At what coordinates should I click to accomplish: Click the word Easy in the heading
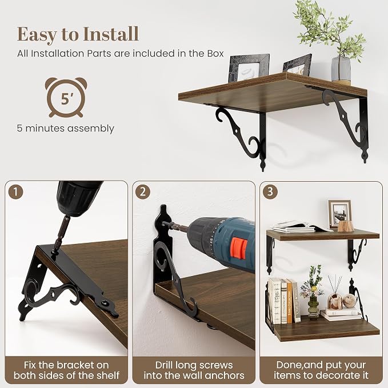(x=37, y=34)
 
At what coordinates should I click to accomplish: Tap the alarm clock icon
(x=66, y=97)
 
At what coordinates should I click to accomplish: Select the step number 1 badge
(x=15, y=192)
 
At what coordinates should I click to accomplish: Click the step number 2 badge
(x=143, y=192)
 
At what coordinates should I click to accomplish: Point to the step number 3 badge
(x=270, y=191)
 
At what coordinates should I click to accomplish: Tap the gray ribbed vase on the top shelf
(x=341, y=69)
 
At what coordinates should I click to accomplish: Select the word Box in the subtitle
(x=215, y=54)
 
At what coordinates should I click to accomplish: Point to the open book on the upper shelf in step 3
(x=301, y=227)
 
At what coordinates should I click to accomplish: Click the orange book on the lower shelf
(x=289, y=302)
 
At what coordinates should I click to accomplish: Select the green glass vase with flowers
(x=312, y=294)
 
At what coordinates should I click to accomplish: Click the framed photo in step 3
(x=339, y=214)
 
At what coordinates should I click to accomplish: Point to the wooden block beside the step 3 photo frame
(x=346, y=226)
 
